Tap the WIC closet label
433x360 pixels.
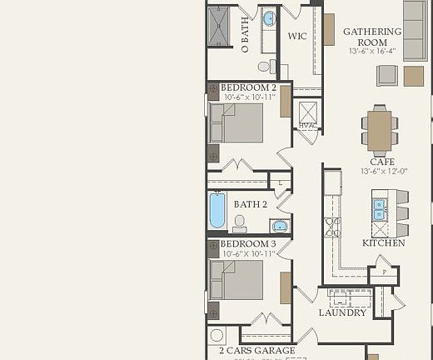click(x=298, y=37)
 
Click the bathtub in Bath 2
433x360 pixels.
click(x=217, y=210)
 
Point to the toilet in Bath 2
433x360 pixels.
click(x=240, y=222)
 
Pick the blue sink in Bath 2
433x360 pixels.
click(x=279, y=225)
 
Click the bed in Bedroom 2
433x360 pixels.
click(x=237, y=122)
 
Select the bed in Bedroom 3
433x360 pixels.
click(x=237, y=280)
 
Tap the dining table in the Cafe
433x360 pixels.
click(x=380, y=130)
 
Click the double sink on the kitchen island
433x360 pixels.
click(x=380, y=209)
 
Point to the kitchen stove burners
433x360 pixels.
click(x=332, y=227)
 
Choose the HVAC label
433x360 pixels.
click(x=306, y=126)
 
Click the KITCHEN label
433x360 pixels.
click(x=383, y=243)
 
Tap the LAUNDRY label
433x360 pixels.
click(x=342, y=313)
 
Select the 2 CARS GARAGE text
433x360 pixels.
click(x=257, y=351)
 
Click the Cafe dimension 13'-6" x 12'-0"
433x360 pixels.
click(x=382, y=172)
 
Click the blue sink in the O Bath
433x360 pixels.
click(x=269, y=18)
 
